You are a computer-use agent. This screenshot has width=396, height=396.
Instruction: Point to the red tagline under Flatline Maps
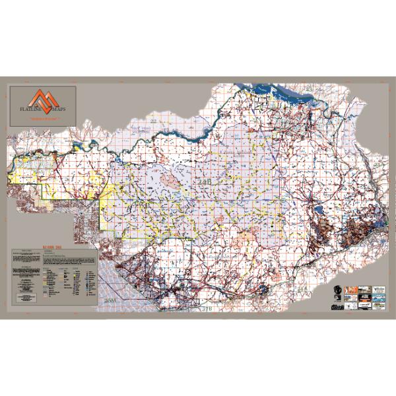click(44, 117)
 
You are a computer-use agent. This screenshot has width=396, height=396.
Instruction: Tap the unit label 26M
click(109, 300)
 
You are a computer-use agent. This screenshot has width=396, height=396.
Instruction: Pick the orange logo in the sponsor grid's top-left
click(348, 290)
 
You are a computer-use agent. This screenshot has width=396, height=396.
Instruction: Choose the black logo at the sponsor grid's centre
click(362, 298)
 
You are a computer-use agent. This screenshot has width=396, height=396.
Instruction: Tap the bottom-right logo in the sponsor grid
click(378, 305)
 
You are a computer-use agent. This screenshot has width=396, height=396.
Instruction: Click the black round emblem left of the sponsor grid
click(333, 292)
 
